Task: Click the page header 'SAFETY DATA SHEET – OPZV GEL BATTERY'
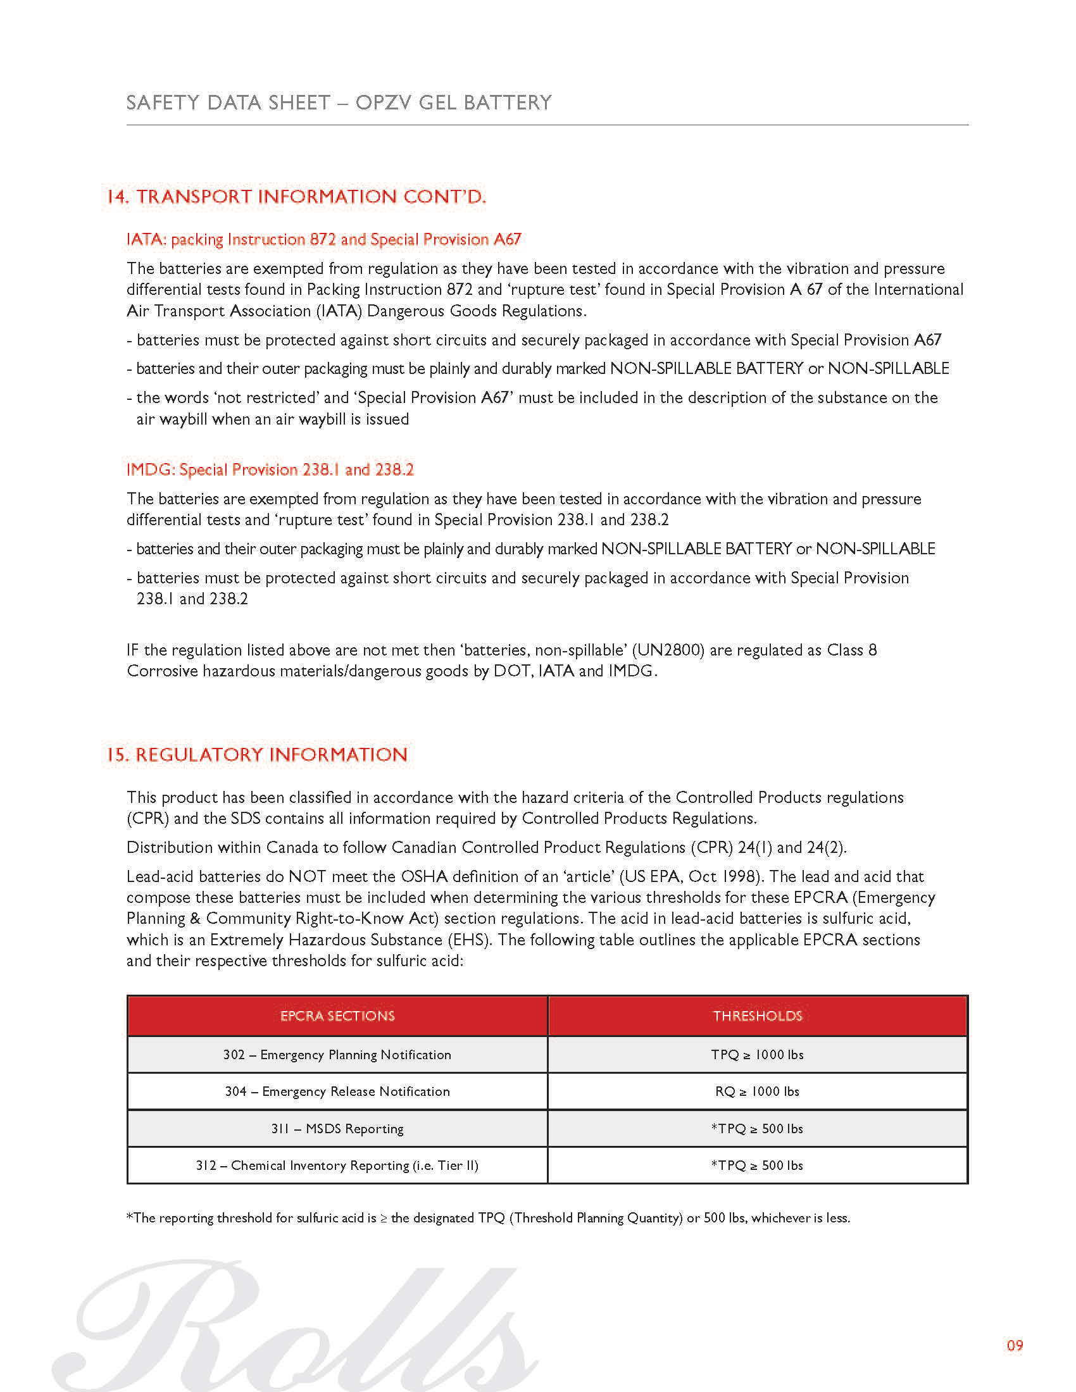[339, 103]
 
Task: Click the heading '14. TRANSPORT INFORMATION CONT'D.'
[296, 197]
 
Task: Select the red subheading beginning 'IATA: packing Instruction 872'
[324, 240]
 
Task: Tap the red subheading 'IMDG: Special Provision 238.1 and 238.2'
[270, 469]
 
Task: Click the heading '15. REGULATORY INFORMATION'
[257, 755]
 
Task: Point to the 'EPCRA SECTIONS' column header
[337, 1016]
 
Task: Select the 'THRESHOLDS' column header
[757, 1016]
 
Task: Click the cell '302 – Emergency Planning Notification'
[337, 1055]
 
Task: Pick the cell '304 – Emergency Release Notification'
[337, 1092]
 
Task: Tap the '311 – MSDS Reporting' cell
[337, 1129]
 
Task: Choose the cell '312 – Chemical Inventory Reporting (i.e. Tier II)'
[337, 1165]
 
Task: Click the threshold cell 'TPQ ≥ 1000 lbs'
[757, 1055]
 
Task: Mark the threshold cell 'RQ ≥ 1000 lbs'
[757, 1092]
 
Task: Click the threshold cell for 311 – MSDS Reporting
[757, 1129]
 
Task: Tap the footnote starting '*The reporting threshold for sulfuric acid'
[488, 1218]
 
